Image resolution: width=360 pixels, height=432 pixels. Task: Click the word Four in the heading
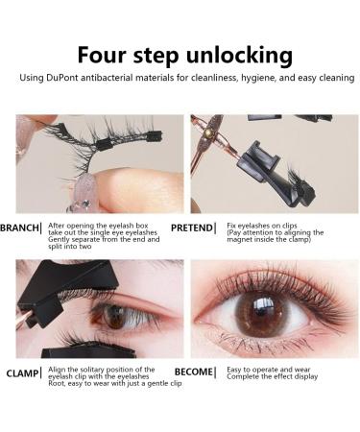103,54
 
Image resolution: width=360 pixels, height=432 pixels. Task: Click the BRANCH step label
18,228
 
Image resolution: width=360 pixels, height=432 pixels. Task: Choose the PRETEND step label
191,228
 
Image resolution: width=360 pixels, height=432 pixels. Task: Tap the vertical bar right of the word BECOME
216,371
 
